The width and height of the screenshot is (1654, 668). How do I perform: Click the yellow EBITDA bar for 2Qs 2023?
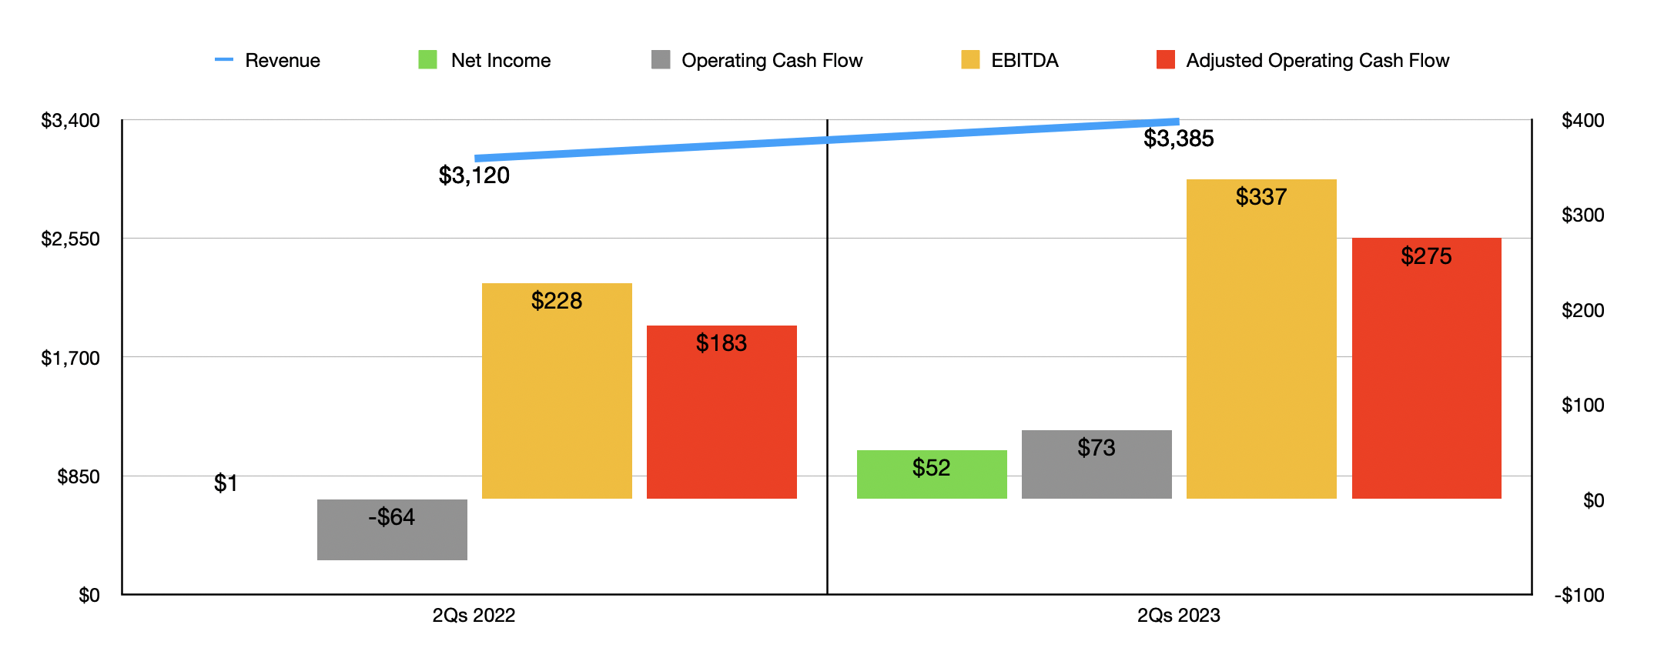pyautogui.click(x=1261, y=339)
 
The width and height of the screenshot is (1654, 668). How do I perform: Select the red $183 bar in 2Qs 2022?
pyautogui.click(x=722, y=412)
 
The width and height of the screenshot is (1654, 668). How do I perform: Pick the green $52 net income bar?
pyautogui.click(x=932, y=474)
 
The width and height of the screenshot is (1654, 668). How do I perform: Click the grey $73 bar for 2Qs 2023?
pyautogui.click(x=1097, y=464)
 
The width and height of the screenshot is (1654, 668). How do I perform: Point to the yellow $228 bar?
pyautogui.click(x=557, y=391)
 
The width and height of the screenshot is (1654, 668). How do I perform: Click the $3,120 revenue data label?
pyautogui.click(x=474, y=175)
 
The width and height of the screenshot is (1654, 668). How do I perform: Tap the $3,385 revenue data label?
pyautogui.click(x=1178, y=139)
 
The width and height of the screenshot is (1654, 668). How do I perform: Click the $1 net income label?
pyautogui.click(x=226, y=483)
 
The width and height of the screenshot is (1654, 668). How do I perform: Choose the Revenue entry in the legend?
pyautogui.click(x=268, y=60)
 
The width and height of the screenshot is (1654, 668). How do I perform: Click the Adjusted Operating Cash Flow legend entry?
pyautogui.click(x=1303, y=60)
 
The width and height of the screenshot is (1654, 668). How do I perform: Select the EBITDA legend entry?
pyautogui.click(x=1010, y=60)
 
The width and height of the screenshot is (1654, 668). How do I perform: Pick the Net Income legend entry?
pyautogui.click(x=485, y=60)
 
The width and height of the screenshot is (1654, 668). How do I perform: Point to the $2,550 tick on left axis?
pyautogui.click(x=70, y=239)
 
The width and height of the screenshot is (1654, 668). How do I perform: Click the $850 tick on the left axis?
pyautogui.click(x=78, y=477)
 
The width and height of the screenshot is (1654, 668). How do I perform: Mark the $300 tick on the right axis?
pyautogui.click(x=1582, y=215)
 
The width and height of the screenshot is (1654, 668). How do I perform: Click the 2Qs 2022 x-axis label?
pyautogui.click(x=474, y=616)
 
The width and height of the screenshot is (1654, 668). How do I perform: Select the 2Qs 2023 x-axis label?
pyautogui.click(x=1178, y=616)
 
